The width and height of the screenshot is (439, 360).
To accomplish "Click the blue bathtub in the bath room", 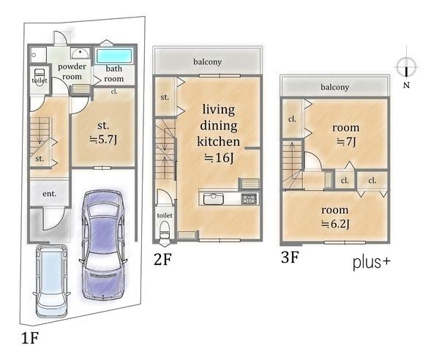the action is pyautogui.click(x=114, y=56).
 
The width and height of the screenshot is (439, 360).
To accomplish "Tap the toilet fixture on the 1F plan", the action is pyautogui.click(x=39, y=76).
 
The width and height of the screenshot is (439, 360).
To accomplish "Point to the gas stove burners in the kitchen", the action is pyautogui.click(x=249, y=199).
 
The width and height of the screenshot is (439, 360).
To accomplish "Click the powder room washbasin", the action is pyautogui.click(x=80, y=53).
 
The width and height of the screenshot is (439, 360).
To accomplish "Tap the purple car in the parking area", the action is pyautogui.click(x=103, y=245).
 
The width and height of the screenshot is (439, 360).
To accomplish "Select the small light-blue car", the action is pyautogui.click(x=51, y=281).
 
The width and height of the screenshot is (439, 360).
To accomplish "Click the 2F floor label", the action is pyautogui.click(x=162, y=260).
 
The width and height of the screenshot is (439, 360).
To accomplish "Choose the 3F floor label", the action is pyautogui.click(x=290, y=257).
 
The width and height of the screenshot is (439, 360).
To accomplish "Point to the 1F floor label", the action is pyautogui.click(x=29, y=338).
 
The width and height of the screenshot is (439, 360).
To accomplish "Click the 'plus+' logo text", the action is pyautogui.click(x=372, y=263).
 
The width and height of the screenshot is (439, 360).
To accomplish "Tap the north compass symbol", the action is pyautogui.click(x=407, y=67).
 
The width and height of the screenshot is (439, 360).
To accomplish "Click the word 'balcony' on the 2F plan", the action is pyautogui.click(x=208, y=61).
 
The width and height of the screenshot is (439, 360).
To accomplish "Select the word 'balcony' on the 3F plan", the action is pyautogui.click(x=335, y=87).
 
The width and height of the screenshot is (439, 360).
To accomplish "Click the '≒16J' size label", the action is pyautogui.click(x=219, y=158).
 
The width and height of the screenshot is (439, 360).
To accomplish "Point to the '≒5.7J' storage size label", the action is pyautogui.click(x=103, y=139).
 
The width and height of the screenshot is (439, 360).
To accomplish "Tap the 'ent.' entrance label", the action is pyautogui.click(x=49, y=194).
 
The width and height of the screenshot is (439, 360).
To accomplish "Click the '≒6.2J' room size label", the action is pyautogui.click(x=335, y=224).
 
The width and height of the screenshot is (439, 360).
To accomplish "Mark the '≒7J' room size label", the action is pyautogui.click(x=346, y=142).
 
